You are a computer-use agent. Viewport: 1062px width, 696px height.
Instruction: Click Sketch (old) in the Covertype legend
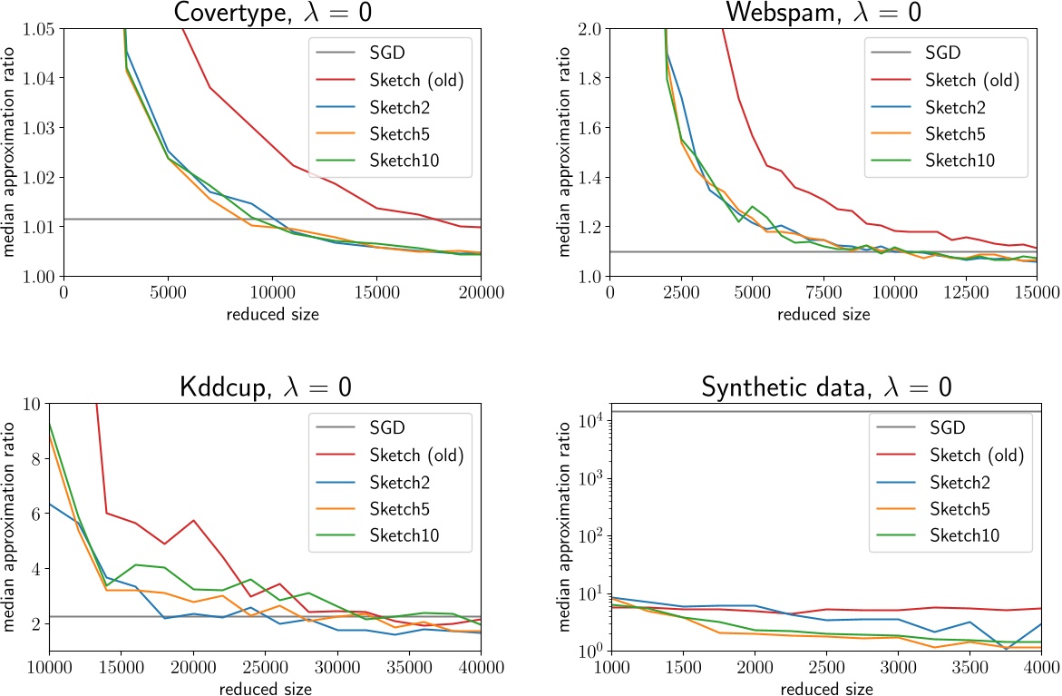[416, 80]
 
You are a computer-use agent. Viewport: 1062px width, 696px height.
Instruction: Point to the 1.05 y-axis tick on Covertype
[38, 29]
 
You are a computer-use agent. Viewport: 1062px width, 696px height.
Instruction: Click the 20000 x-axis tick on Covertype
[481, 291]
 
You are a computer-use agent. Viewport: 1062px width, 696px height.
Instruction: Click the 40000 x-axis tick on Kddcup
[481, 666]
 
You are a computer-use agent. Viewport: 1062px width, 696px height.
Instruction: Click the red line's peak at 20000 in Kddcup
[193, 520]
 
